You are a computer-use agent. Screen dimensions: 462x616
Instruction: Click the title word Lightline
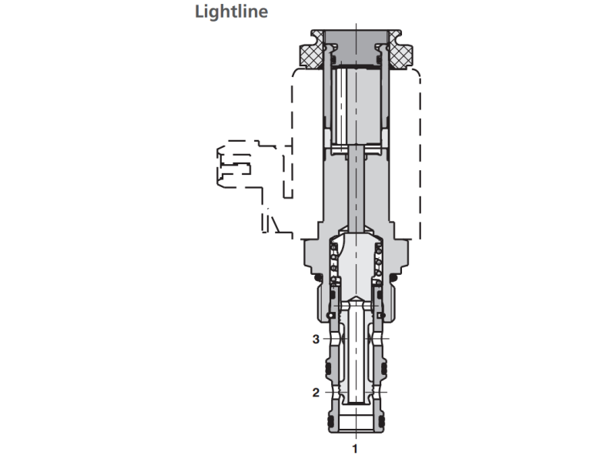[232, 12]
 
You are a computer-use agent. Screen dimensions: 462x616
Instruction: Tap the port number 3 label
[315, 338]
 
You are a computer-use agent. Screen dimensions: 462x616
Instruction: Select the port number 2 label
[315, 392]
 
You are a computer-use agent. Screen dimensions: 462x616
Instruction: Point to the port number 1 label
[355, 447]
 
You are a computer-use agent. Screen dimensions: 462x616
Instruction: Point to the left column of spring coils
[333, 262]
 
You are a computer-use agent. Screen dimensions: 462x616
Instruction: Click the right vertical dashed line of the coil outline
[419, 154]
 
